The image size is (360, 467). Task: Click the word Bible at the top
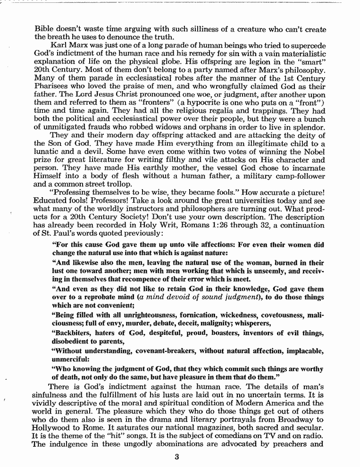point(44,29)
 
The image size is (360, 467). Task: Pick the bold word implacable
point(304,352)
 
